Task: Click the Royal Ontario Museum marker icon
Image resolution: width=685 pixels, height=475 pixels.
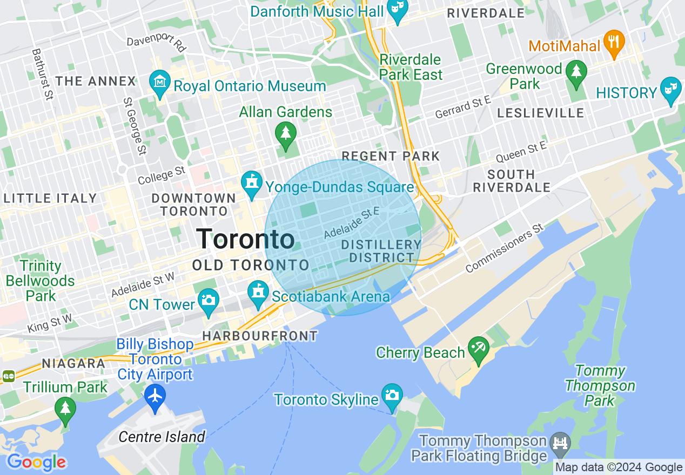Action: (159, 82)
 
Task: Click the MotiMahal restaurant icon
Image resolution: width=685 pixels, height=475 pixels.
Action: (614, 42)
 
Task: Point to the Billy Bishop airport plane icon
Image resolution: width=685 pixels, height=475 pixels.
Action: (155, 396)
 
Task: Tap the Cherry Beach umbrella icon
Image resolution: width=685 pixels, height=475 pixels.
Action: (478, 349)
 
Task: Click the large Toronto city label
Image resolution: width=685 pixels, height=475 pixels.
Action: (245, 239)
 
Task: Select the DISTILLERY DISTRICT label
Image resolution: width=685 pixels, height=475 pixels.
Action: (381, 252)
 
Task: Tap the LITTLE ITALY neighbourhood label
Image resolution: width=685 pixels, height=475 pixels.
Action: (50, 199)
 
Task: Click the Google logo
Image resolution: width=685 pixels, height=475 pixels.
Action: (36, 462)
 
